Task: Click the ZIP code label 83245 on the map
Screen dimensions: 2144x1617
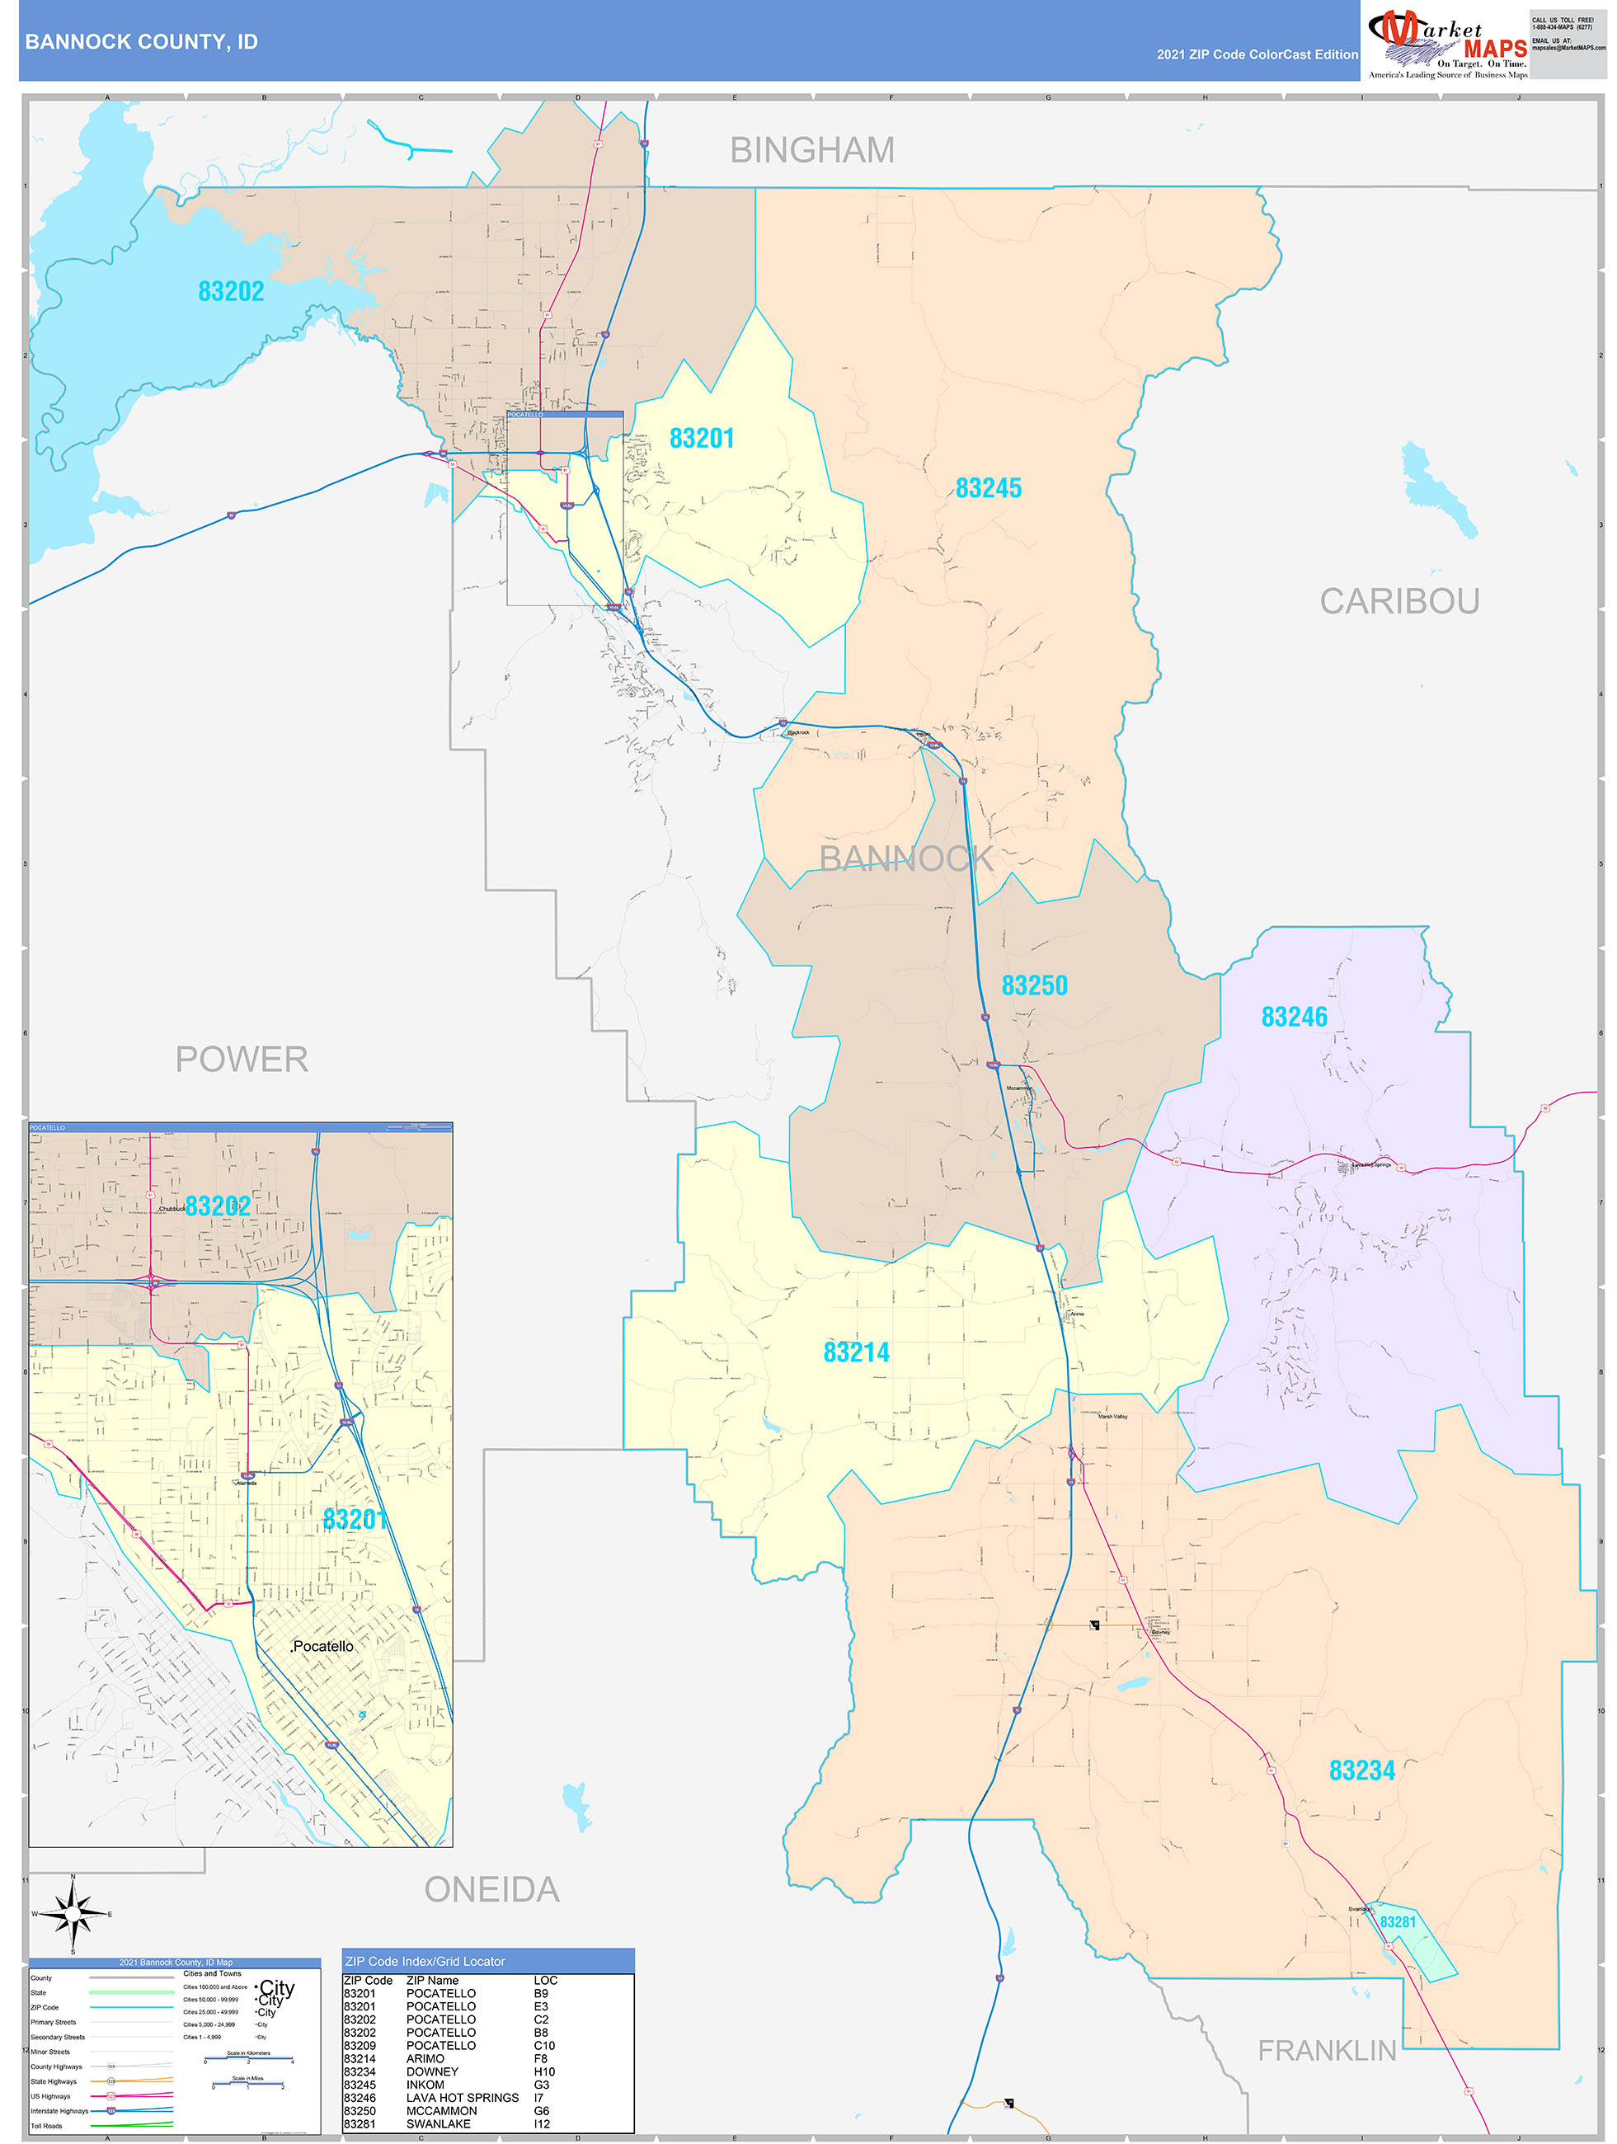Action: click(x=988, y=488)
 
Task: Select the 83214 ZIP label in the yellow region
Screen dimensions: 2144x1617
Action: click(x=856, y=1352)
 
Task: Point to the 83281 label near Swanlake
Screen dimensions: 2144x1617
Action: click(x=1397, y=1922)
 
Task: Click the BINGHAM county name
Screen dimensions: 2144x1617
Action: click(x=811, y=150)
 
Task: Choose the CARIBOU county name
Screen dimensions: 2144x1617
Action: click(x=1398, y=601)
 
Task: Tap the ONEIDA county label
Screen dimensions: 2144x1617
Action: click(x=491, y=1889)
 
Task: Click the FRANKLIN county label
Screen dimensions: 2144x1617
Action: click(x=1326, y=2050)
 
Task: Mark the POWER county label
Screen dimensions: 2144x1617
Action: click(x=242, y=1060)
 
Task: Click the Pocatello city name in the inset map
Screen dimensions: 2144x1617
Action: click(x=322, y=1646)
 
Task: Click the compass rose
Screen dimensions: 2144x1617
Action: click(x=73, y=1914)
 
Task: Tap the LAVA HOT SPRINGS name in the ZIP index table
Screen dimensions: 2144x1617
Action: click(x=462, y=2098)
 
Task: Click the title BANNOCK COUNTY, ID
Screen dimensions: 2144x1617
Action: click(x=142, y=42)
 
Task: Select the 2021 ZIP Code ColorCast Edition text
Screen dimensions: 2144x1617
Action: click(x=1257, y=55)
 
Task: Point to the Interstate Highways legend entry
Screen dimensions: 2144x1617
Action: click(x=59, y=2110)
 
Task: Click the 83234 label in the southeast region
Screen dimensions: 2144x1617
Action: click(x=1361, y=1770)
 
